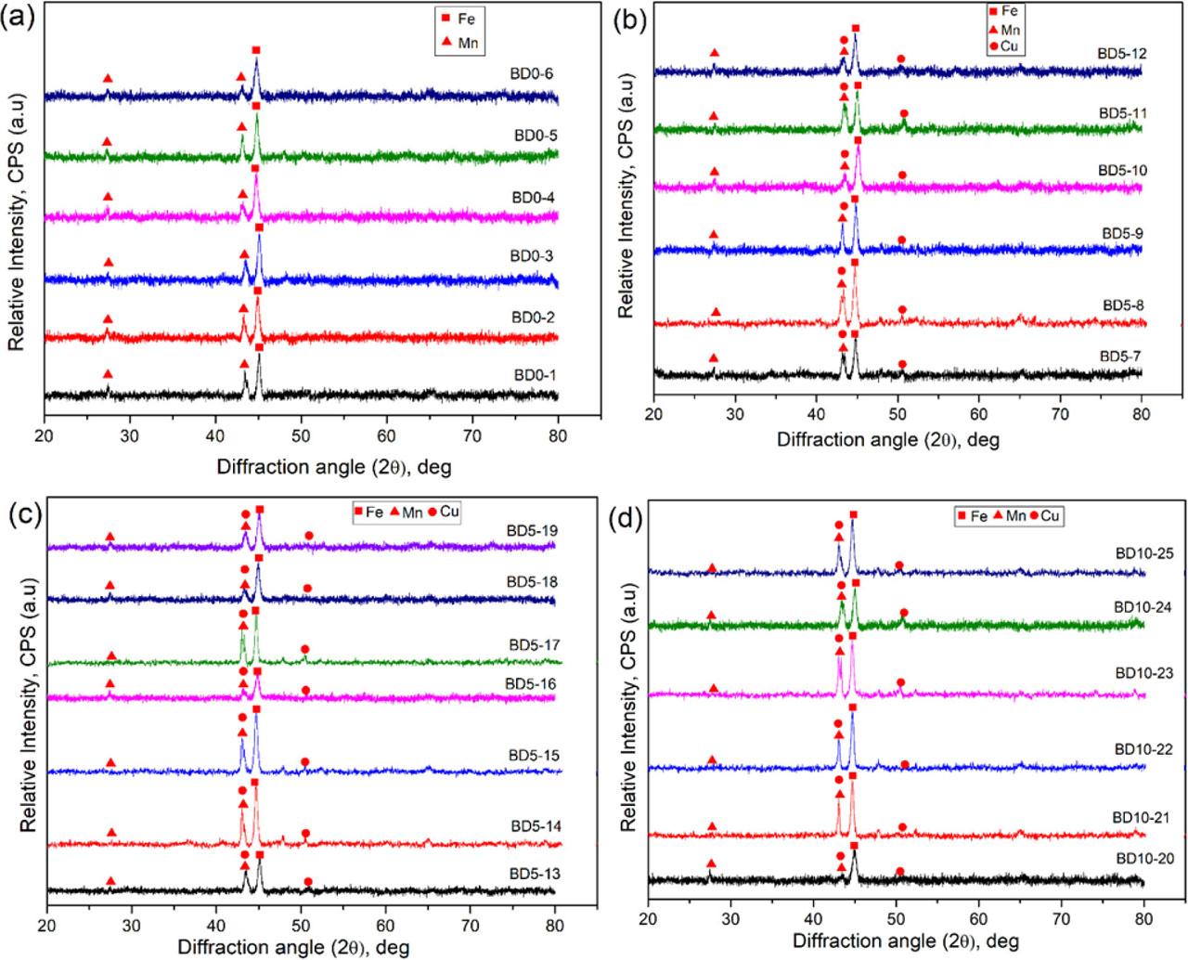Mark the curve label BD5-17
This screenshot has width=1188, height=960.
point(536,644)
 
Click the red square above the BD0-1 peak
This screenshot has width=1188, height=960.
point(259,347)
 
